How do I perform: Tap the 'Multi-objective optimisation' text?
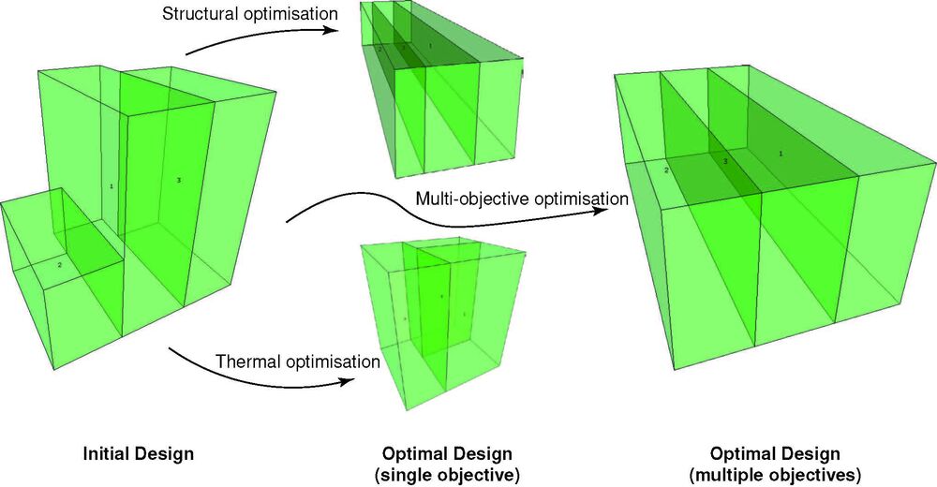coord(521,199)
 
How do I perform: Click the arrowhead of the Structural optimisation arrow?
coord(332,31)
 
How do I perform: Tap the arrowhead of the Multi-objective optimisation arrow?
coord(601,213)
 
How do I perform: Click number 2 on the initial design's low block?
coord(60,265)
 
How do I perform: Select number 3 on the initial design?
coord(178,179)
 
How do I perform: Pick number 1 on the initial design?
coord(112,186)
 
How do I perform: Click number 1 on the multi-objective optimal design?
coord(781,153)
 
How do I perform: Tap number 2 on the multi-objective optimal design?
coord(666,170)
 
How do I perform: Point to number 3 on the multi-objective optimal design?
coord(724,162)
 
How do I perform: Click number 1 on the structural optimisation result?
coord(430,45)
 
